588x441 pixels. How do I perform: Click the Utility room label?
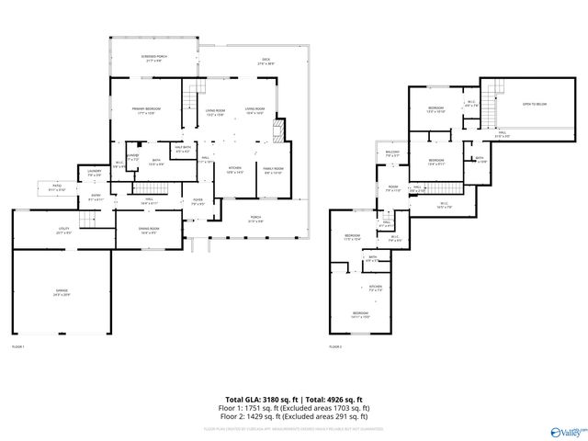tap(64, 230)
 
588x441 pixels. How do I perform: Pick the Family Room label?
tap(274, 170)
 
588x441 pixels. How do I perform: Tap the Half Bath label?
tap(182, 149)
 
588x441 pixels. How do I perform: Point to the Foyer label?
tap(197, 202)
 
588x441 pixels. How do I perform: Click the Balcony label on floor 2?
tap(392, 154)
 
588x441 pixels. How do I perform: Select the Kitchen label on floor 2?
tap(375, 288)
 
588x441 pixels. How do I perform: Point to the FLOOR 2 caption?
tap(334, 346)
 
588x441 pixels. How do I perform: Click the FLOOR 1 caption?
tap(17, 346)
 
